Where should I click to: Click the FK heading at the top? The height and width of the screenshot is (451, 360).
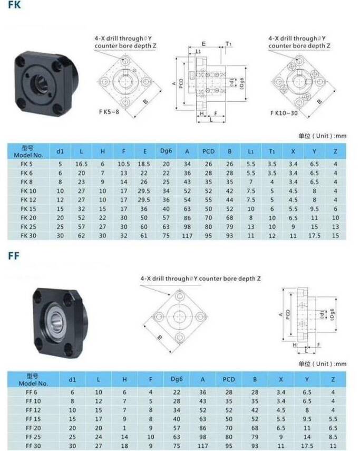(14, 6)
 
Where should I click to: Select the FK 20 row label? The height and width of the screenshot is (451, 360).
(27, 217)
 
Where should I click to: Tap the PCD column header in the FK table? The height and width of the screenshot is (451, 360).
(208, 152)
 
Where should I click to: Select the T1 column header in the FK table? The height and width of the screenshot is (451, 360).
(271, 152)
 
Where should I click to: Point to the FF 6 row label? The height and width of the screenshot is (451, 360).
(33, 392)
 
